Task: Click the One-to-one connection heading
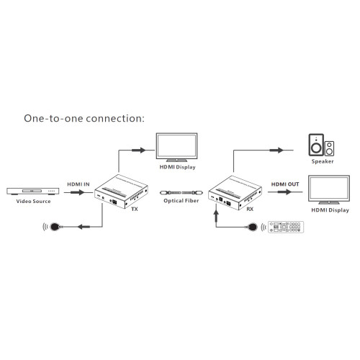coord(84,117)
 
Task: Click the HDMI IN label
coord(78,184)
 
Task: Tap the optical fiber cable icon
coord(180,193)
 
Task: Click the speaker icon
coord(320,146)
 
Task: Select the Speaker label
coord(321,162)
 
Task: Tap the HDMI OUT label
coord(284,184)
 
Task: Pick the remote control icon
coord(287,228)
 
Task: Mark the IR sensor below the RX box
coord(252,228)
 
